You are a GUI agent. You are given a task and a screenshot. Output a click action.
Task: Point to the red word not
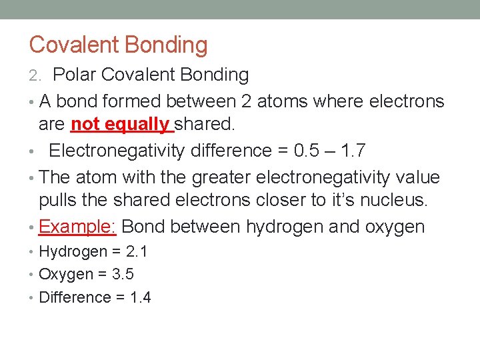85,124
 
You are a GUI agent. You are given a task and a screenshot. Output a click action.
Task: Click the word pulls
59,200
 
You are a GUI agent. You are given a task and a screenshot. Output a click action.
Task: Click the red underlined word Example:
78,227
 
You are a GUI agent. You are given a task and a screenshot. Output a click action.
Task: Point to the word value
415,178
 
